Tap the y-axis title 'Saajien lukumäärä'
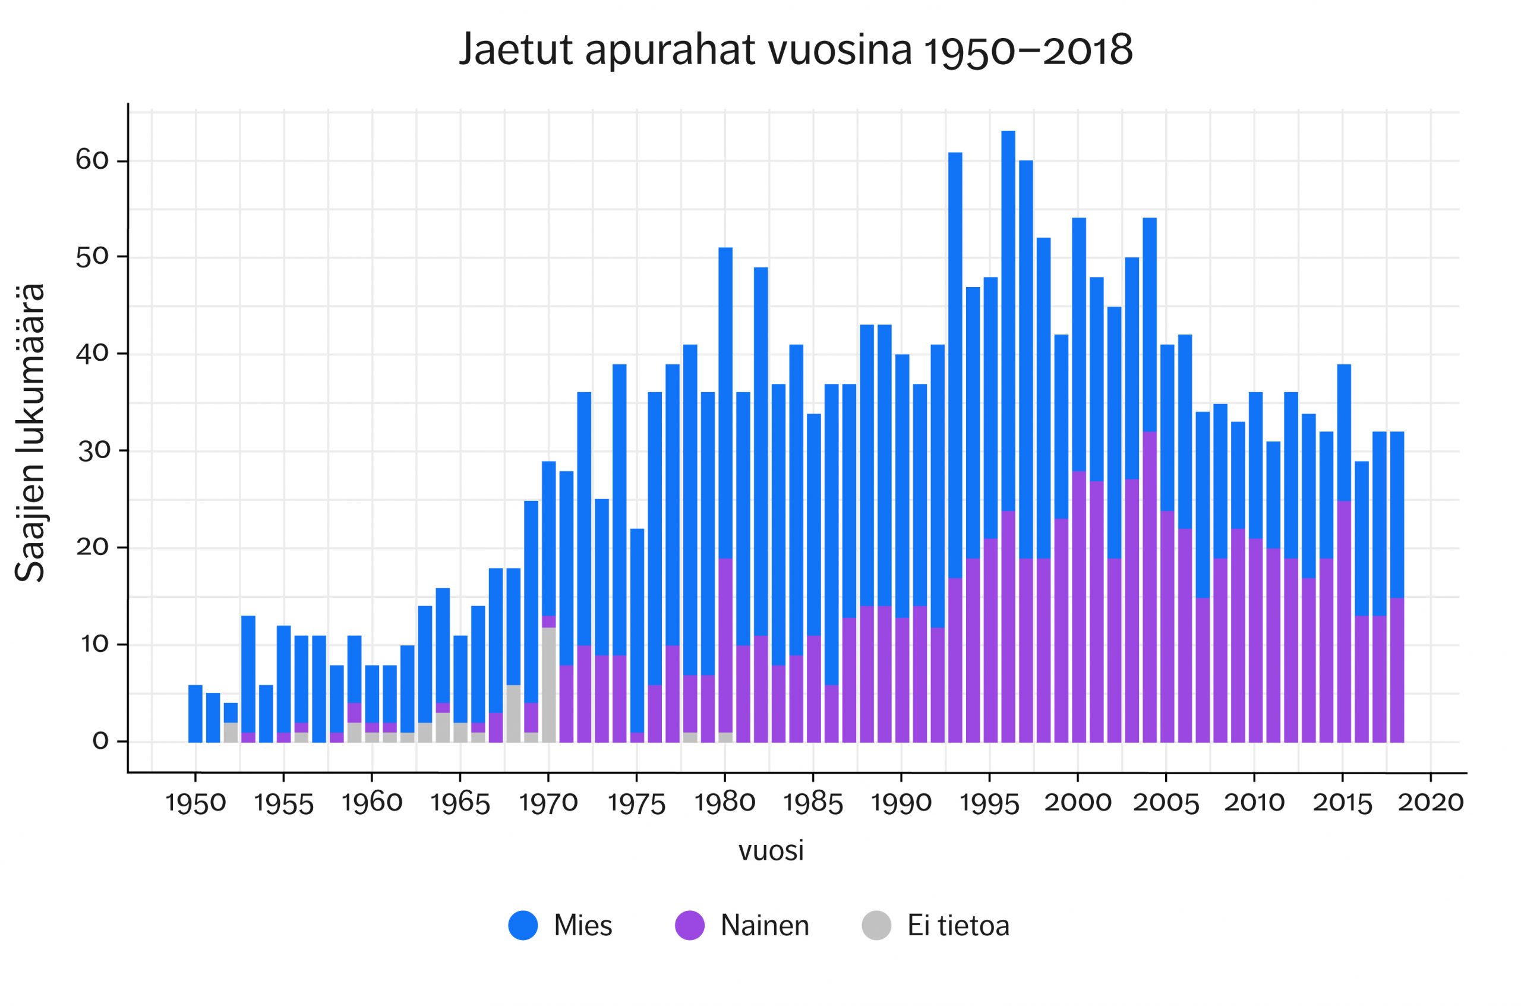pyautogui.click(x=30, y=433)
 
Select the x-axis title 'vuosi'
pyautogui.click(x=771, y=852)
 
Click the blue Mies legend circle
pyautogui.click(x=523, y=925)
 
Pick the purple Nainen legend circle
pyautogui.click(x=690, y=925)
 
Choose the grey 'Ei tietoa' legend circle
pyautogui.click(x=876, y=925)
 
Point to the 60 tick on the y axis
pyautogui.click(x=92, y=160)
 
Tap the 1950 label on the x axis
pyautogui.click(x=195, y=803)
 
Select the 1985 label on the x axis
pyautogui.click(x=813, y=803)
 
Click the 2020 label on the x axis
pyautogui.click(x=1430, y=803)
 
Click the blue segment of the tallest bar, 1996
pyautogui.click(x=1008, y=321)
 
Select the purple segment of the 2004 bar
pyautogui.click(x=1149, y=587)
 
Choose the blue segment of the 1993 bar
pyautogui.click(x=955, y=365)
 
